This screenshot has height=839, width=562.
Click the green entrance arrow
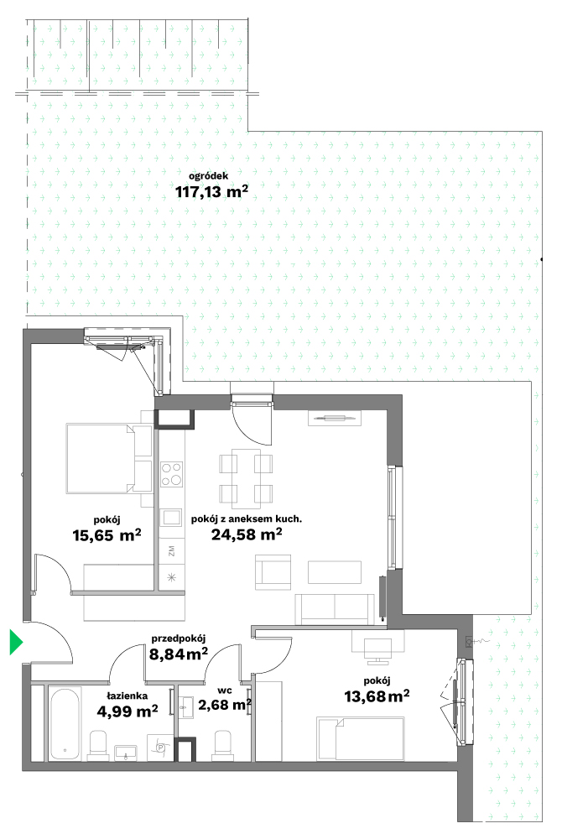(16, 642)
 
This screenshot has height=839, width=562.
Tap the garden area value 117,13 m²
(211, 191)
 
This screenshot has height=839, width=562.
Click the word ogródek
(209, 175)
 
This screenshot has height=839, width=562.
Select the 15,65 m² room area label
(107, 534)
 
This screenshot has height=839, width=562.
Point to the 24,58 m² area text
(247, 534)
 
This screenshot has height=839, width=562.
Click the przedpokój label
(179, 638)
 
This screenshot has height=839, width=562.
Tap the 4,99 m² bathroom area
(127, 711)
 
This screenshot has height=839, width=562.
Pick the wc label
(225, 690)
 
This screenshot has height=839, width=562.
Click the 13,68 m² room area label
(377, 696)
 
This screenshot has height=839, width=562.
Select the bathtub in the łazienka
(65, 723)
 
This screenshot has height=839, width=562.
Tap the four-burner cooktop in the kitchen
(172, 474)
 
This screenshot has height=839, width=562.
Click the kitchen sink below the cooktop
(172, 518)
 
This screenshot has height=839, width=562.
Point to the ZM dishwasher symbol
(172, 552)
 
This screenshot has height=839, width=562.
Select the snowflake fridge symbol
(172, 577)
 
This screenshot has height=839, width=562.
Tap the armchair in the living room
(273, 572)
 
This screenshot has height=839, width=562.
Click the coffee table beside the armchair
(335, 571)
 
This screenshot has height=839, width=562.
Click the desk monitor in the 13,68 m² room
(377, 650)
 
